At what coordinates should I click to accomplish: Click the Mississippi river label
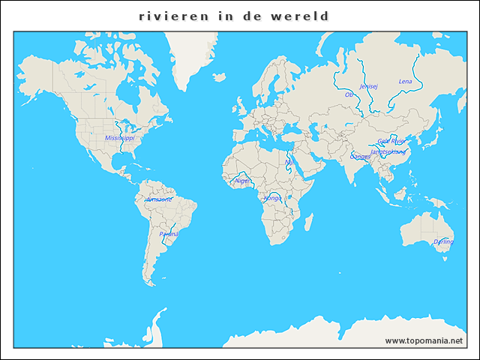click(120, 138)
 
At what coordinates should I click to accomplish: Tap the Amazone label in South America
click(158, 199)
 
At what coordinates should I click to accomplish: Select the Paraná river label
click(169, 234)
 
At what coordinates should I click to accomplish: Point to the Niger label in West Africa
click(241, 181)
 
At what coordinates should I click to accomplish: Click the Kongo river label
click(272, 198)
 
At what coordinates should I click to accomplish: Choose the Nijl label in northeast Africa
click(289, 160)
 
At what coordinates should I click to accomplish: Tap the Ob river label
click(349, 95)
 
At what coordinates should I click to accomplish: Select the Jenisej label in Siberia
click(369, 86)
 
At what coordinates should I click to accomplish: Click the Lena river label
click(405, 81)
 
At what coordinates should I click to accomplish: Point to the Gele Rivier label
click(391, 141)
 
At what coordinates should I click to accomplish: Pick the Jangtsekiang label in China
click(388, 151)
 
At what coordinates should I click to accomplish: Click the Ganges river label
click(360, 157)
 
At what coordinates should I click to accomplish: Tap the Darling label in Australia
click(443, 242)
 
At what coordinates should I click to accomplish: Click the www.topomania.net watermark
click(424, 340)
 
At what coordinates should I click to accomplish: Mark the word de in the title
click(254, 16)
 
